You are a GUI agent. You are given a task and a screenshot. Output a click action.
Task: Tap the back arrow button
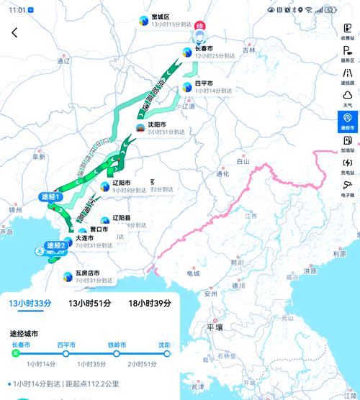tap(14, 32)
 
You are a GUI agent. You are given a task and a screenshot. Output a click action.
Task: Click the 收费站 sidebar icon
tap(348, 32)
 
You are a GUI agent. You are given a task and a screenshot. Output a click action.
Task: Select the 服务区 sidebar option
tap(348, 55)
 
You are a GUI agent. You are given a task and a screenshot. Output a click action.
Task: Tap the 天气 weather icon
tap(348, 99)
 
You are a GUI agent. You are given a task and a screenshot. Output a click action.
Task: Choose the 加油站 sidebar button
tap(348, 144)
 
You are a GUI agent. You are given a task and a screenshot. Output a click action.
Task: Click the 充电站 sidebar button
tap(348, 166)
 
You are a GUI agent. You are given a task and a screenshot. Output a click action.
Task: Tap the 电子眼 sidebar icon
tap(348, 188)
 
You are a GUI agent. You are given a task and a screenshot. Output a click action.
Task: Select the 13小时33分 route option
tap(30, 304)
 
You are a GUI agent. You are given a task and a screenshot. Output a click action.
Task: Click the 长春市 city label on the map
tap(204, 48)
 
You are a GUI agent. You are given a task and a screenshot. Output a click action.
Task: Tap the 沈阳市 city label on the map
tap(158, 124)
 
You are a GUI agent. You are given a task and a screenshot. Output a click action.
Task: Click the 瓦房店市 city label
tap(87, 273)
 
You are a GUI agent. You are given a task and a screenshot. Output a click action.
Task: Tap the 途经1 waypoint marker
tap(50, 196)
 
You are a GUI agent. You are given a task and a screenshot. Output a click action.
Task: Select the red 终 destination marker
tap(200, 26)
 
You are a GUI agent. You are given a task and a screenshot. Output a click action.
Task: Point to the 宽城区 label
tap(161, 17)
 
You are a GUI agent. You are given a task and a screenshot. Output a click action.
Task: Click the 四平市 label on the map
tap(204, 83)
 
